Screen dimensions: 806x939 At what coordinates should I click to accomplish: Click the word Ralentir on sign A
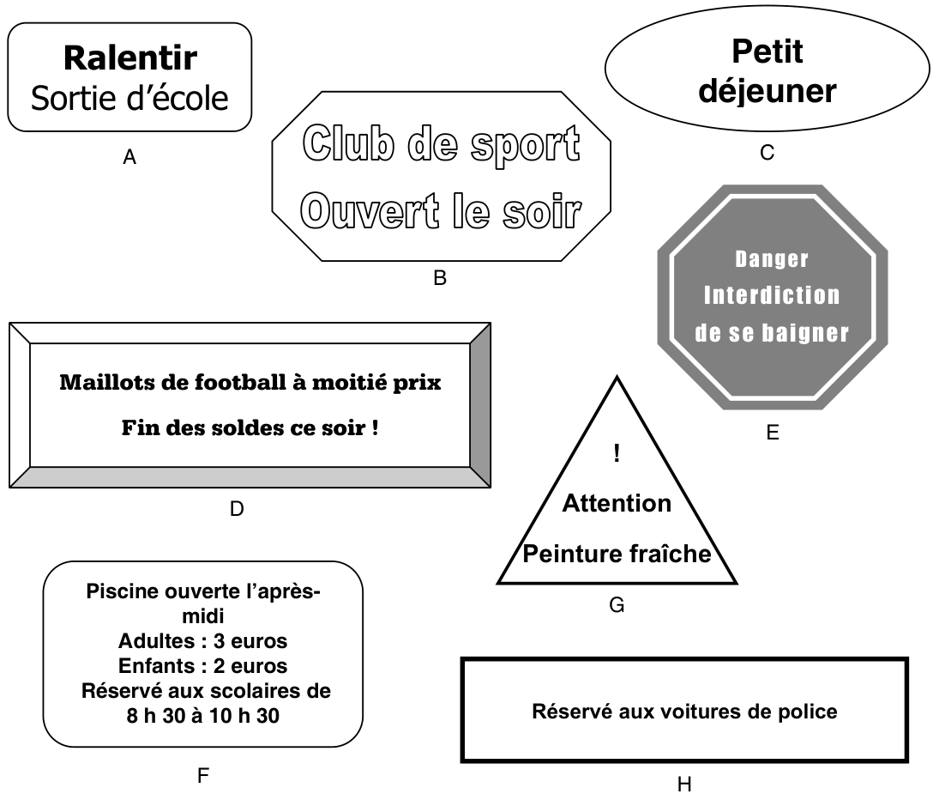coord(130,58)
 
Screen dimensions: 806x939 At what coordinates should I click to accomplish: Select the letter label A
coord(129,157)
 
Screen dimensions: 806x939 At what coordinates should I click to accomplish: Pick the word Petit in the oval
coord(767,52)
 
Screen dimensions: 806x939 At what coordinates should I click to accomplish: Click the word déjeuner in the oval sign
coord(767,90)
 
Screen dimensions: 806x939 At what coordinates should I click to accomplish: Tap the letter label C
coord(767,153)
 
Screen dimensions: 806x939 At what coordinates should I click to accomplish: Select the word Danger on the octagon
coord(772,259)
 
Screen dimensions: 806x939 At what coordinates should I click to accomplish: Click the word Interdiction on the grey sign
coord(772,296)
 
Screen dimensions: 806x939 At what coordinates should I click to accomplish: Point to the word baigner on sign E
coord(807,333)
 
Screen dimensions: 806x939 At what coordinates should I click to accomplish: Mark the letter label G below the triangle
coord(617,606)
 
